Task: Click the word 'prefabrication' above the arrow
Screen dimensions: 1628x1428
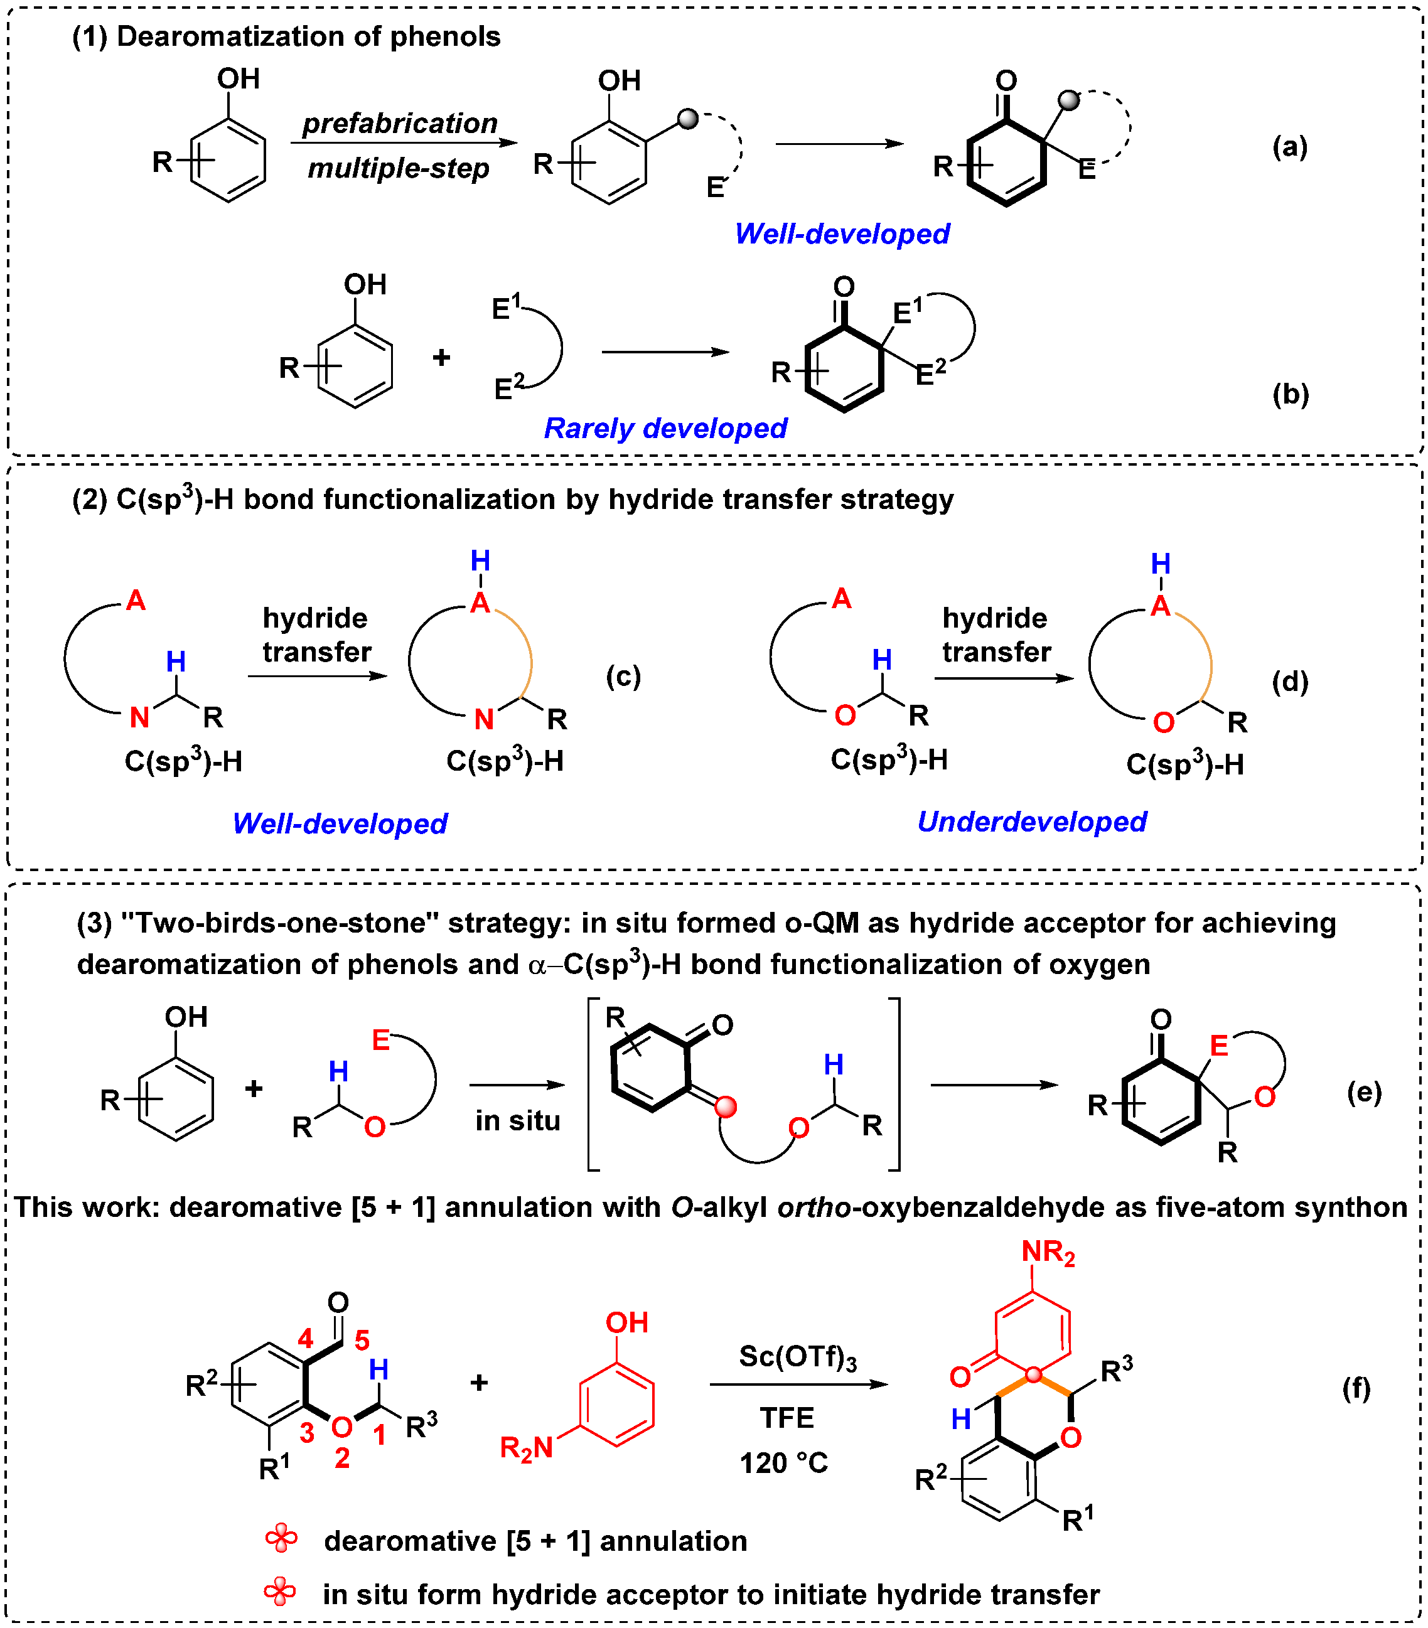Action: point(400,124)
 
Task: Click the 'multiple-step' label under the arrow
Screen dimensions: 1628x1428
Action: point(398,168)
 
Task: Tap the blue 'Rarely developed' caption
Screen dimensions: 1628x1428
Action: point(665,429)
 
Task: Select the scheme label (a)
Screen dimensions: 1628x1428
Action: point(1289,147)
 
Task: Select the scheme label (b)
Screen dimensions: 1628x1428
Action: point(1290,394)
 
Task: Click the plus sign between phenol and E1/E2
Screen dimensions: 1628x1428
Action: point(441,358)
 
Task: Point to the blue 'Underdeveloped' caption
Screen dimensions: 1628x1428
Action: point(1031,821)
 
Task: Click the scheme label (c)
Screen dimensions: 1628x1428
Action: point(623,676)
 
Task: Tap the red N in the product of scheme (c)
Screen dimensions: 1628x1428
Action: point(483,719)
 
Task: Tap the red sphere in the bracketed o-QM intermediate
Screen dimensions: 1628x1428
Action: point(726,1106)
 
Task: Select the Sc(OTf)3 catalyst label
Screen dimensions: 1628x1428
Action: point(797,1356)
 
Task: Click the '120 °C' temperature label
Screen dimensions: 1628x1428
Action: point(784,1462)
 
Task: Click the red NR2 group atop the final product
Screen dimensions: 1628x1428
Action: point(1048,1252)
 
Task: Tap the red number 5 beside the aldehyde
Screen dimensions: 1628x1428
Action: point(362,1340)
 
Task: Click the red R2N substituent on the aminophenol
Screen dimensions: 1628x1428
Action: point(525,1447)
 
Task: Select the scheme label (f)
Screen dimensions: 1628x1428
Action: point(1356,1388)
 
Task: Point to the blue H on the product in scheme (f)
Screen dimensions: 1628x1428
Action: point(960,1418)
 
